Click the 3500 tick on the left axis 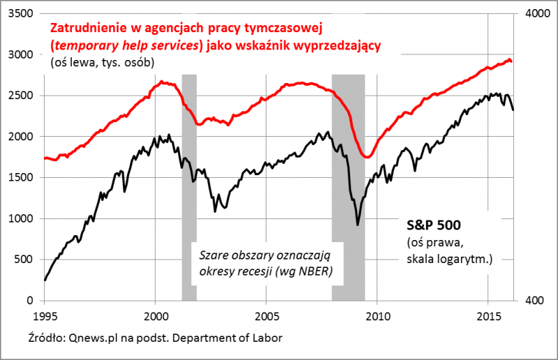pyautogui.click(x=22, y=14)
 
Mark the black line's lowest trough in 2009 pyautogui.click(x=358, y=225)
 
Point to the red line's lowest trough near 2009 pyautogui.click(x=367, y=158)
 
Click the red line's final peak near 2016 pyautogui.click(x=508, y=60)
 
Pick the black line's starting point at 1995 pyautogui.click(x=45, y=280)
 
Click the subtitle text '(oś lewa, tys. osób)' pyautogui.click(x=102, y=63)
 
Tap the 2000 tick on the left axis pyautogui.click(x=22, y=137)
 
